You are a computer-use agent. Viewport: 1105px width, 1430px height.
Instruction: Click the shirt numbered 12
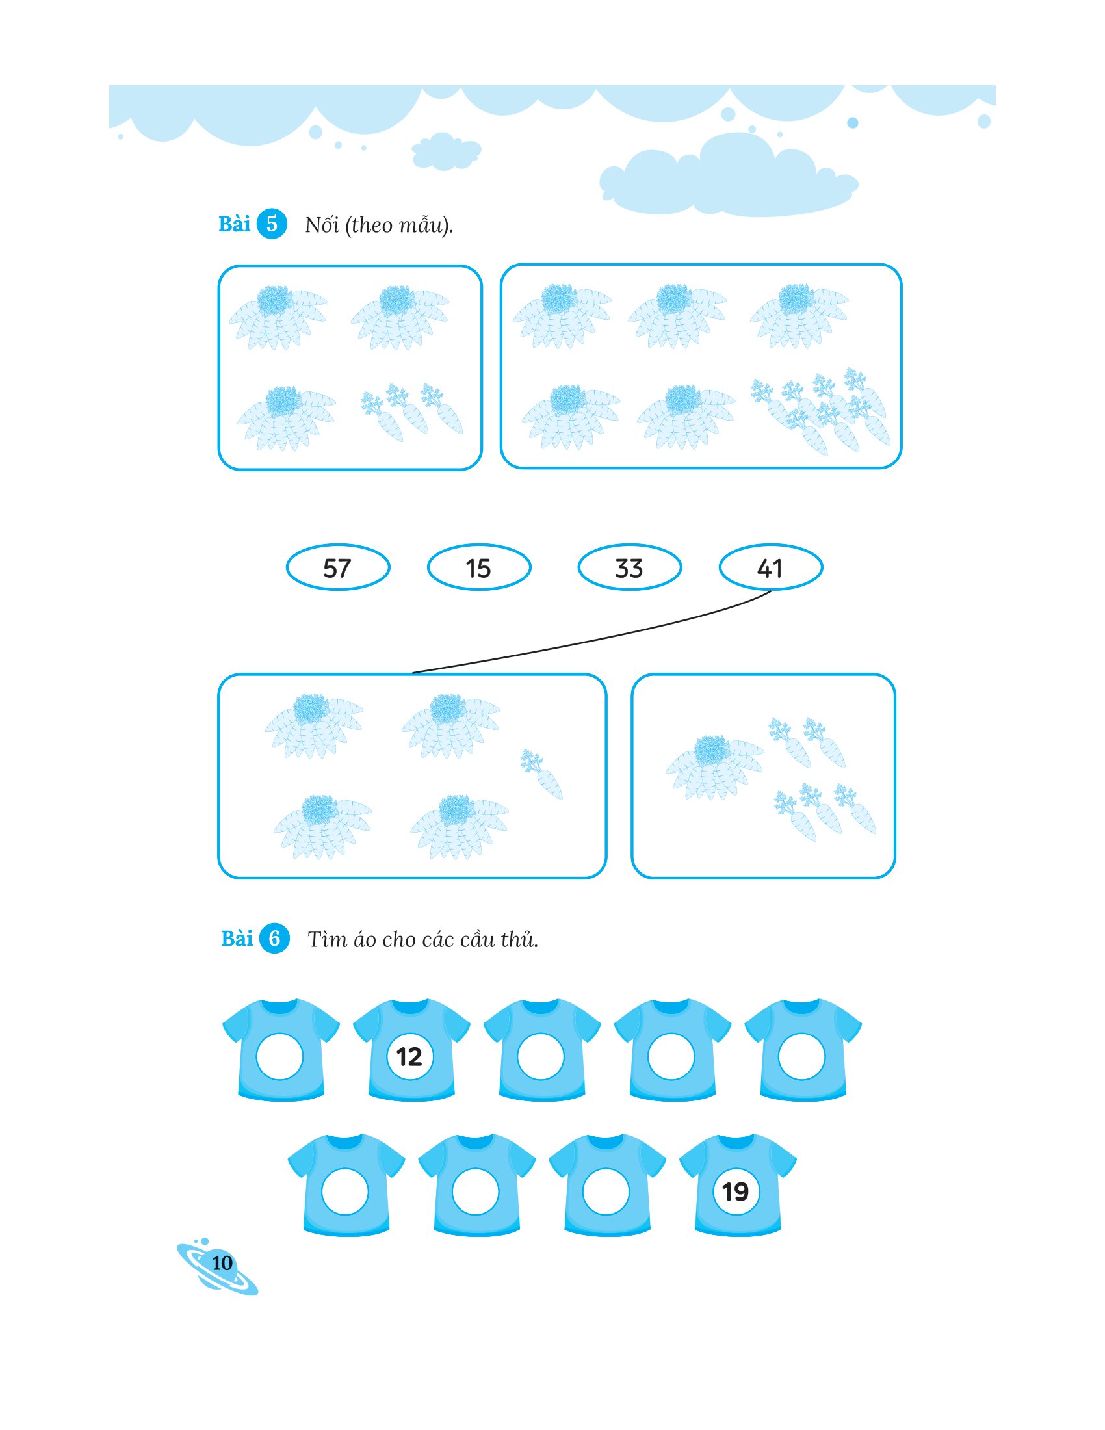click(x=411, y=1050)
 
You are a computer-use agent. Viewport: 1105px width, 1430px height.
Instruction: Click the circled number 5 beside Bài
click(x=272, y=224)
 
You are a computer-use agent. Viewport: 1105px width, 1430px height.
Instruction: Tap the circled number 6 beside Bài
click(x=274, y=938)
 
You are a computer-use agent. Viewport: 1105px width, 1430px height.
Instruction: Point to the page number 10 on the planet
click(x=222, y=1262)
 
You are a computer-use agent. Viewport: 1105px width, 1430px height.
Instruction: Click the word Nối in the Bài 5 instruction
click(x=322, y=225)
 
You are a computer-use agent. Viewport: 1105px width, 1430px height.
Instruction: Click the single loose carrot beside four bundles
click(x=541, y=775)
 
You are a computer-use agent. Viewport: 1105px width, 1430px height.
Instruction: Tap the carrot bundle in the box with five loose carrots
click(x=714, y=768)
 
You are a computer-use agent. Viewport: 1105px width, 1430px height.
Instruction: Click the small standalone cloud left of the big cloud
click(x=446, y=151)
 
